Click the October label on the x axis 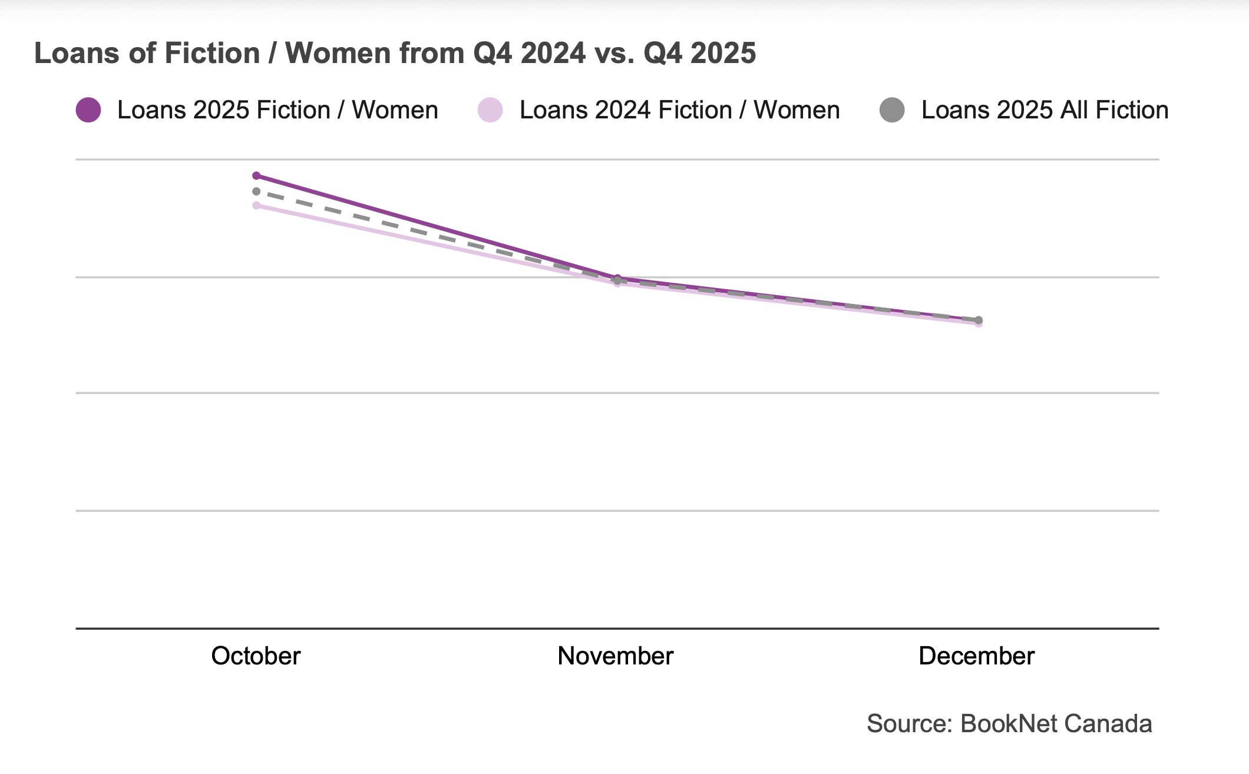tap(256, 656)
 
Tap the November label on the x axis tap(615, 656)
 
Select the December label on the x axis tap(976, 656)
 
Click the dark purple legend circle tap(88, 110)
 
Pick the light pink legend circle tap(490, 110)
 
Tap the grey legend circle tap(892, 110)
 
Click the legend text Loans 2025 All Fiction tap(1045, 110)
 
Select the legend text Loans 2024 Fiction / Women tap(679, 110)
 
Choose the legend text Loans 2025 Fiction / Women tap(277, 110)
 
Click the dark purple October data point tap(256, 176)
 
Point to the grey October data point tap(256, 191)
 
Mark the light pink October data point tap(256, 206)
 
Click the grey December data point tap(979, 320)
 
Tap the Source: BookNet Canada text tap(1009, 723)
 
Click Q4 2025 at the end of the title tap(699, 53)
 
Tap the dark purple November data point tap(617, 277)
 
